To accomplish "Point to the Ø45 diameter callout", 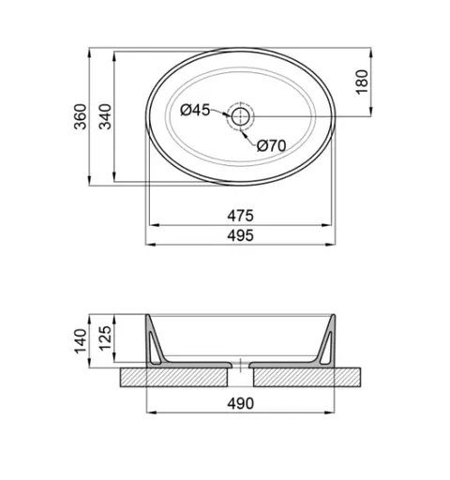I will tap(194, 111).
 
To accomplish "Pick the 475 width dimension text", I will tap(241, 215).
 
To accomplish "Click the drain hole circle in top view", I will tap(241, 116).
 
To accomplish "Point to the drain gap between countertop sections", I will tap(241, 377).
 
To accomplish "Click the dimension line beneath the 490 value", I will tap(241, 412).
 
